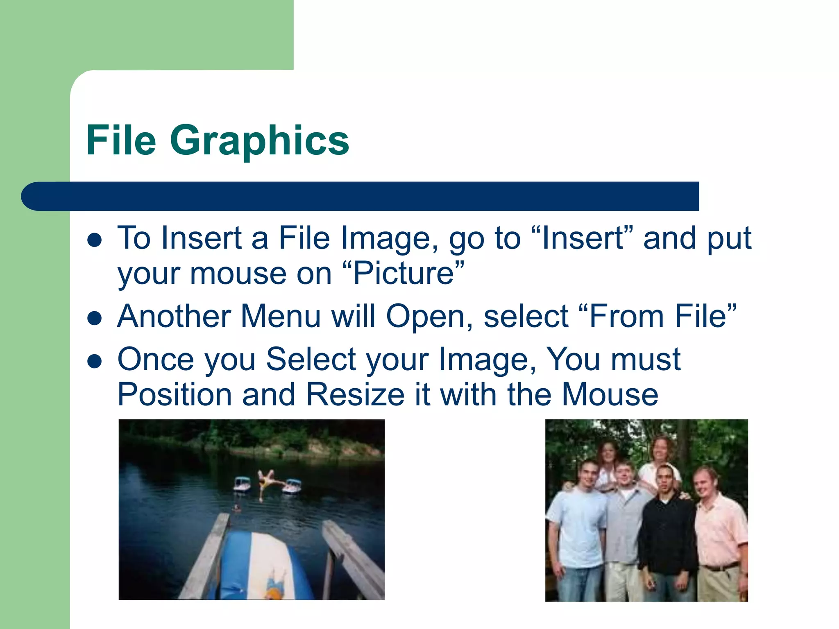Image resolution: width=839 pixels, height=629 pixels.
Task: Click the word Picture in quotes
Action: (x=404, y=273)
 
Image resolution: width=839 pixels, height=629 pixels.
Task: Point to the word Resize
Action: (x=356, y=394)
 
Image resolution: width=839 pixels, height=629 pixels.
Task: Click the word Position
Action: (x=175, y=394)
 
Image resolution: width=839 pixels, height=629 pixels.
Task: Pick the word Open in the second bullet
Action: (x=425, y=317)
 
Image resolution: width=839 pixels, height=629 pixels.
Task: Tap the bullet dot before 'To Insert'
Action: (x=95, y=240)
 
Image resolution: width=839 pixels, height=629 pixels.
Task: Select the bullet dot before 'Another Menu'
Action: (x=95, y=318)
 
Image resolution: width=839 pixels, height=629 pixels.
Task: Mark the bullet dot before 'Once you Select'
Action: (x=95, y=361)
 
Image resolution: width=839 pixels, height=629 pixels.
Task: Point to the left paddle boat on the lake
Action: (x=242, y=484)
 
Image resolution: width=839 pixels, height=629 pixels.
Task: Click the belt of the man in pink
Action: (x=720, y=568)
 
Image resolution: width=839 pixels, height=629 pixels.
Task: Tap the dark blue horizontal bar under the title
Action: (x=361, y=196)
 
